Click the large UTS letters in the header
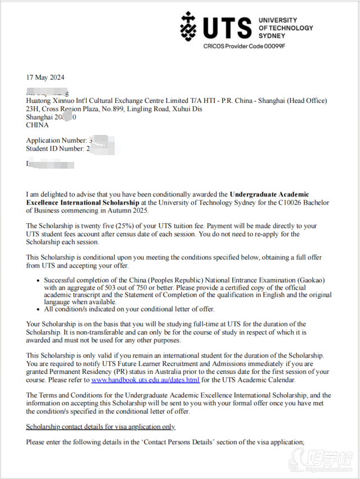click(x=226, y=27)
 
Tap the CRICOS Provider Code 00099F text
click(x=244, y=46)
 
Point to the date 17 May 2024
click(x=45, y=77)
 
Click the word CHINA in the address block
click(x=37, y=125)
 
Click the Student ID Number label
click(x=55, y=149)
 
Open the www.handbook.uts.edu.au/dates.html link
click(x=145, y=379)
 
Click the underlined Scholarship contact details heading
click(x=101, y=427)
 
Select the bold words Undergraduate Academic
click(x=269, y=194)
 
